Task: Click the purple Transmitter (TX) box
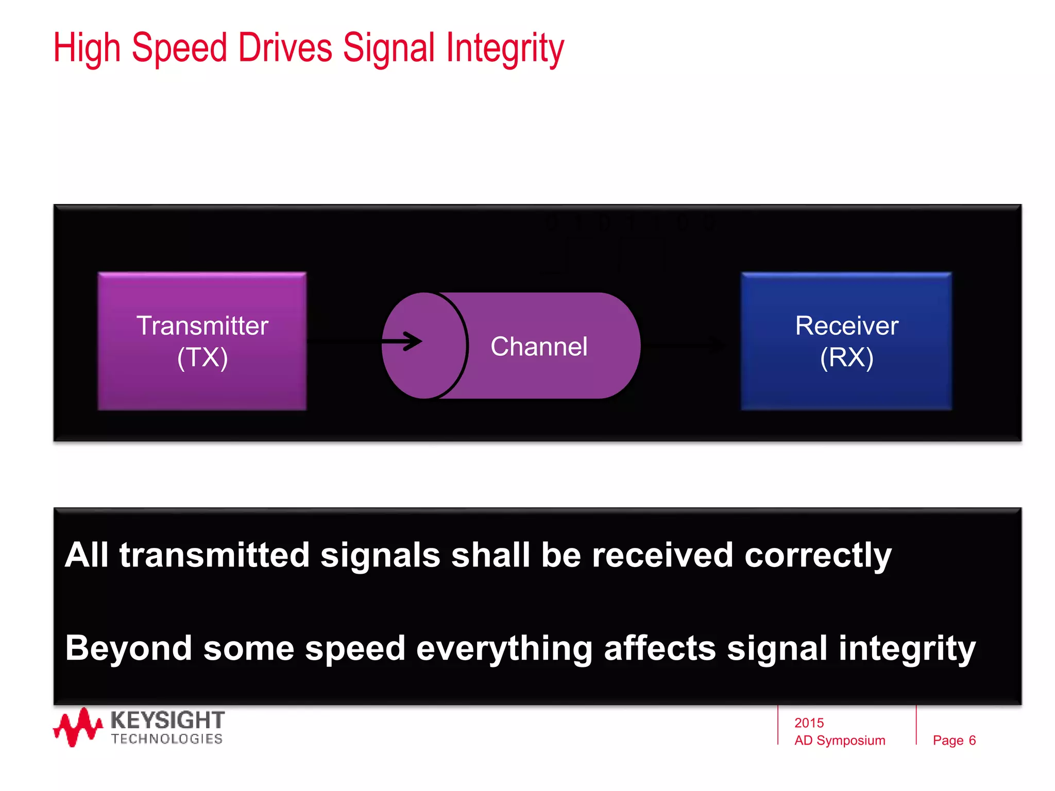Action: [x=202, y=341]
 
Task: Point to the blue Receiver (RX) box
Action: [x=846, y=341]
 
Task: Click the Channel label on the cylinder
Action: [x=538, y=346]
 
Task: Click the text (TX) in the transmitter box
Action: [x=202, y=357]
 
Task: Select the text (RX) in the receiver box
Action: [x=846, y=357]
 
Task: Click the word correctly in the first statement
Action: [x=818, y=556]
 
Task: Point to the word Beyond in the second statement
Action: [x=128, y=648]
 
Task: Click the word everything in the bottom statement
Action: [x=504, y=648]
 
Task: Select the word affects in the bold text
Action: [x=659, y=648]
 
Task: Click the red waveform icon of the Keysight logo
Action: [x=77, y=727]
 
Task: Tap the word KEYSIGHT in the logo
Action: [x=167, y=720]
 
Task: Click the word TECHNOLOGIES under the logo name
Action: [x=166, y=739]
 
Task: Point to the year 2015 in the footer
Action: [x=809, y=723]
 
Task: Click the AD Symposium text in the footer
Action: [x=839, y=741]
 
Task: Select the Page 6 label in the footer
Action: [x=954, y=741]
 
